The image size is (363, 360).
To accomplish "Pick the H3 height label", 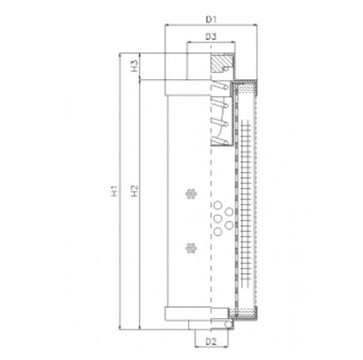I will [135, 66].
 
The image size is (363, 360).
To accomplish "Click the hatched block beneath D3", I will [223, 60].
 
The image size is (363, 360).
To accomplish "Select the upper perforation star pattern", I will [187, 194].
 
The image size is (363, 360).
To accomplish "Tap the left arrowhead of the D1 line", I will [166, 25].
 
